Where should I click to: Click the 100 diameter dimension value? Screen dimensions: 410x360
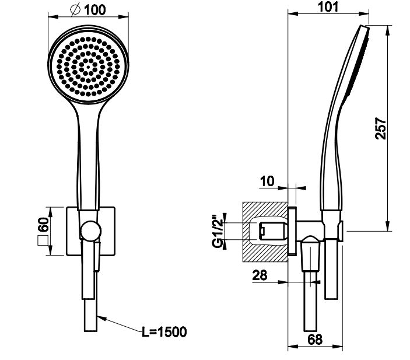(95, 10)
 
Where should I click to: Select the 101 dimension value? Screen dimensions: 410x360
(328, 7)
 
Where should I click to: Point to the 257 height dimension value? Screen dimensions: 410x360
(380, 128)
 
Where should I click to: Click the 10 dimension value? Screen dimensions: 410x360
(267, 181)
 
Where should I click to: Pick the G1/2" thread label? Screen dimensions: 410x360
(218, 231)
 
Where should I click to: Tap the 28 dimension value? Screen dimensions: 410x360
(260, 275)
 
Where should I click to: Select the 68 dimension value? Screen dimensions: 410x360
(315, 340)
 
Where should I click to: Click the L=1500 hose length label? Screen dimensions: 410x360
(164, 332)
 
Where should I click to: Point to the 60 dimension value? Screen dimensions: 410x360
(44, 225)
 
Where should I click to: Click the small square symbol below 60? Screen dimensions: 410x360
(43, 241)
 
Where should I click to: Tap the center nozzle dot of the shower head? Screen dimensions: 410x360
(88, 67)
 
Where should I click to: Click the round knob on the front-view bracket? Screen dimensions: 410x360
(90, 230)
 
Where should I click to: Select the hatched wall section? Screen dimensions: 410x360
(265, 232)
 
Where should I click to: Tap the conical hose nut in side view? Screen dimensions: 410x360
(310, 253)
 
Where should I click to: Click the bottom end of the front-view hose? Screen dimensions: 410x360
(90, 331)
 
